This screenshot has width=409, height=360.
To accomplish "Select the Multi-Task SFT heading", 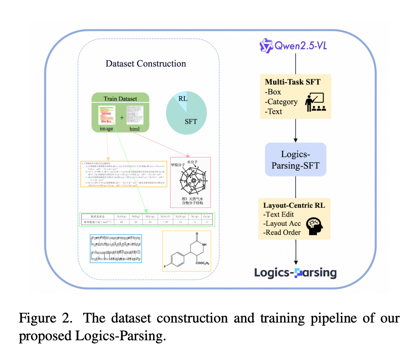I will pos(293,82).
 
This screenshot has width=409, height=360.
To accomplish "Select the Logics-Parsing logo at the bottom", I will pos(295,273).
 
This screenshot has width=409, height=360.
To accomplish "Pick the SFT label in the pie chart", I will pos(191,121).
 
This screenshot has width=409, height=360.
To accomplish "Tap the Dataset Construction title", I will pos(146,64).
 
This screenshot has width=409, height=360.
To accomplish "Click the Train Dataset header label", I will pos(120,99).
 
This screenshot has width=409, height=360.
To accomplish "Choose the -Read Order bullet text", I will pos(282,232).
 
